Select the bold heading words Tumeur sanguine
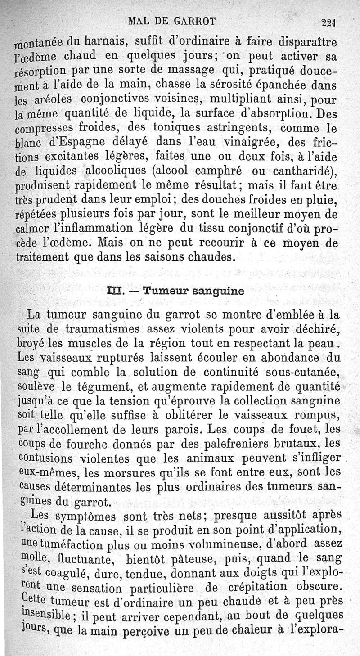193,290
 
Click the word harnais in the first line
105,43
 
